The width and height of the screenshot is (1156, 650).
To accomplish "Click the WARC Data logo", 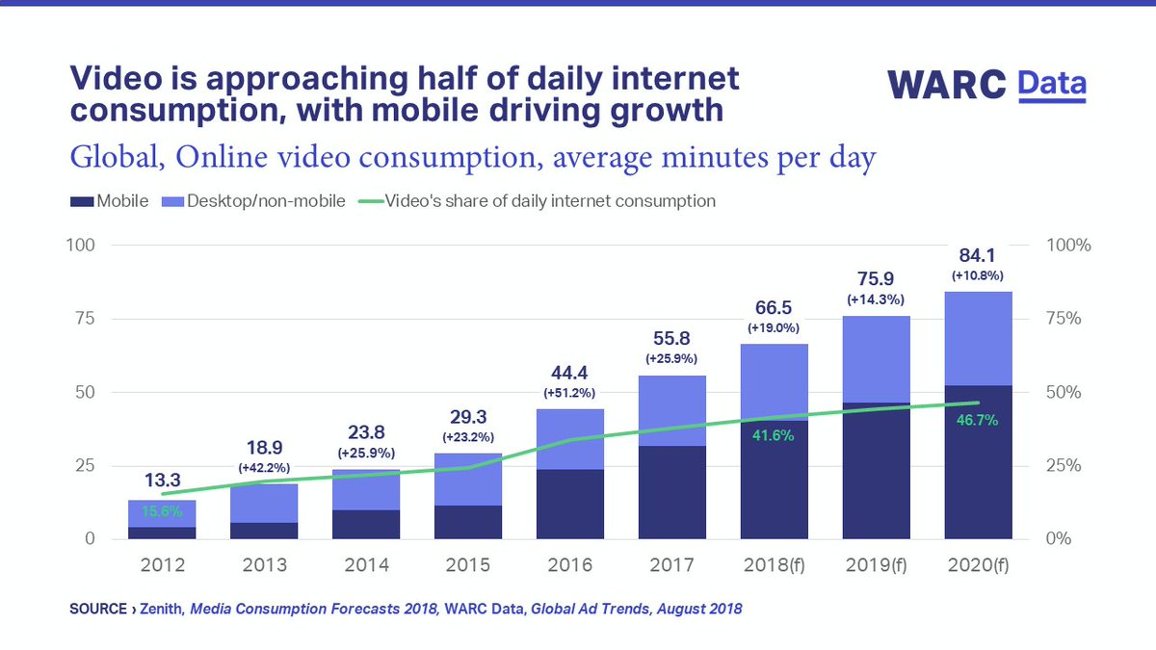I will point(986,84).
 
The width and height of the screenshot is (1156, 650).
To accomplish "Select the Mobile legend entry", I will point(109,201).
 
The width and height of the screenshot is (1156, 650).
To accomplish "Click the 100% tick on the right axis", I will point(1067,246).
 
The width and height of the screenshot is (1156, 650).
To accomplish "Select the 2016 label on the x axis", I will point(570,564).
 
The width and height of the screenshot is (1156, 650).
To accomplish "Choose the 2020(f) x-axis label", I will point(978,564).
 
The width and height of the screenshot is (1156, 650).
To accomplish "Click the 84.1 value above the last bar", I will point(978,257).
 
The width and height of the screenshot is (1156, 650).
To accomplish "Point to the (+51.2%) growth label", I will point(570,392).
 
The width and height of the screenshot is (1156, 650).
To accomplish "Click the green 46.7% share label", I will point(978,421).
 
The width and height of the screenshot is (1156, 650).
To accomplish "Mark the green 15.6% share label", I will point(162,512).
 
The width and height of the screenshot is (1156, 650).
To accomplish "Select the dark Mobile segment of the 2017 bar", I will point(672,492).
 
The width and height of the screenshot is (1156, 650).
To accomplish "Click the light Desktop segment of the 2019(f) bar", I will point(876,359).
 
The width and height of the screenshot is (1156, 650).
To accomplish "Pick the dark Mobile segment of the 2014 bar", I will point(366,525).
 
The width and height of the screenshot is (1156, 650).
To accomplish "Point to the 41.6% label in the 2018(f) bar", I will point(774,434).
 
